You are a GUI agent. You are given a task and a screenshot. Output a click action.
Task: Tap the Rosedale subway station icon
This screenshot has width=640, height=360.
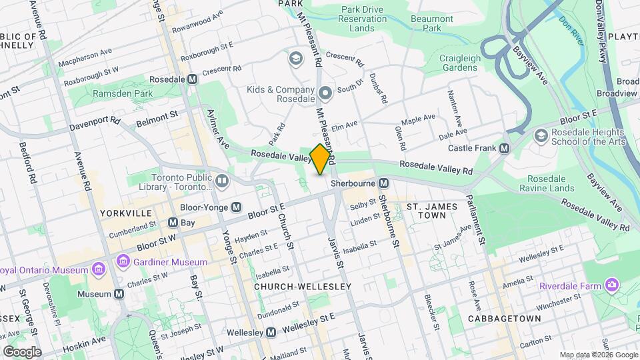[193, 79]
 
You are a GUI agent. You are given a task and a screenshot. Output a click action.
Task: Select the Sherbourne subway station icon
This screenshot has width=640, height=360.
[384, 183]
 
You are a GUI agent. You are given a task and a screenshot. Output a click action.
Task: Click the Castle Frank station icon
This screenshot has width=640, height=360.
[504, 148]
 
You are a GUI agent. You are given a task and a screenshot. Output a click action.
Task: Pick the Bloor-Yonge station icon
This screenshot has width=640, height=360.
[236, 207]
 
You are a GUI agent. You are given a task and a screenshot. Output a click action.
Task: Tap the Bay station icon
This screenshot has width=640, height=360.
[173, 222]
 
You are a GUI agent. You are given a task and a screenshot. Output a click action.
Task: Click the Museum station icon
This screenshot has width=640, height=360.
[119, 294]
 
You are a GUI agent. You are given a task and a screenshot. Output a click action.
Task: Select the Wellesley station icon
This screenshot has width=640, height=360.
[271, 332]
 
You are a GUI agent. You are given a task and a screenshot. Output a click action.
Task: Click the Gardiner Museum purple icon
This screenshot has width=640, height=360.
[122, 261]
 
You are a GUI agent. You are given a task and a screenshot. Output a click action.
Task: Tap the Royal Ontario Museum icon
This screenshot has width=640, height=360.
[99, 269]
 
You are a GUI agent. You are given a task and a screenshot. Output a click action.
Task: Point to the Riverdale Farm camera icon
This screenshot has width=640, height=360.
[611, 285]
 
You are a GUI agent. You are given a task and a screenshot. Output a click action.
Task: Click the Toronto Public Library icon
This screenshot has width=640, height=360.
[222, 181]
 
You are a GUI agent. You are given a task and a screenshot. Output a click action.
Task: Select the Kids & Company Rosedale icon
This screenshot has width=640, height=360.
[325, 93]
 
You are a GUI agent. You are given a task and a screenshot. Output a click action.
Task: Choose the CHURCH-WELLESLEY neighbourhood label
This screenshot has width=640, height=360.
[302, 286]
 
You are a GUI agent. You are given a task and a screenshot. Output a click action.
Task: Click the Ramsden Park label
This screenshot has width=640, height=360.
[122, 94]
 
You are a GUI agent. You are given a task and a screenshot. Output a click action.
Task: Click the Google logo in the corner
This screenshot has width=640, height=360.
[22, 351]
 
